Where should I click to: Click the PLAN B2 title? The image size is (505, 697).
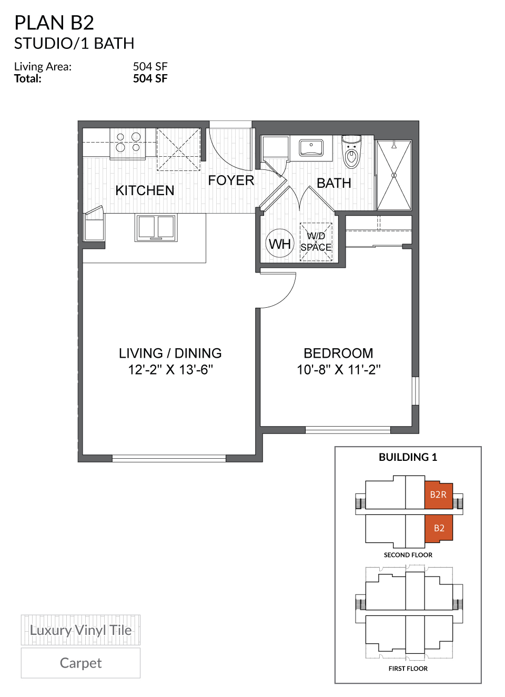(54, 23)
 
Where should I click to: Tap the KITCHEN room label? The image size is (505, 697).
(145, 190)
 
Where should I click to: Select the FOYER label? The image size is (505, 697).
(231, 180)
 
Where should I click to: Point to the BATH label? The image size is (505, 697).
(334, 183)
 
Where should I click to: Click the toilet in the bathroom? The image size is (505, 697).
(351, 151)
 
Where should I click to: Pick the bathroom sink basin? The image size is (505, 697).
(311, 148)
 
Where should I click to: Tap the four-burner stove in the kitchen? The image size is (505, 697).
(128, 144)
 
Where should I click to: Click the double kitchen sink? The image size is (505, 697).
(156, 227)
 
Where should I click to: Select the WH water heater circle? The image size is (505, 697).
(280, 244)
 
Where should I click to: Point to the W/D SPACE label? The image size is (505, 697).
(316, 241)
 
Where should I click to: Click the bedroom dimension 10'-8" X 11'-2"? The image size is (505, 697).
(339, 370)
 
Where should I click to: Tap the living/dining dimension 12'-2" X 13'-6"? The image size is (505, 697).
(170, 370)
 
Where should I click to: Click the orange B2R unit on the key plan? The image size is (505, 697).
(438, 494)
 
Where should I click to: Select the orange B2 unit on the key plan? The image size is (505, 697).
(439, 528)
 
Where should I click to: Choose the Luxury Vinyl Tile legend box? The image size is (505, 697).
(80, 630)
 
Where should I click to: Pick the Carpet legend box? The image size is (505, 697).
(80, 663)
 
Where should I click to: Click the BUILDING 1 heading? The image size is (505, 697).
(408, 457)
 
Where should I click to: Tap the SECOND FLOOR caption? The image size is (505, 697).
(408, 555)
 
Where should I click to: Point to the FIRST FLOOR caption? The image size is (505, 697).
(408, 669)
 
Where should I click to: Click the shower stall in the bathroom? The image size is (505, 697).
(394, 175)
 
